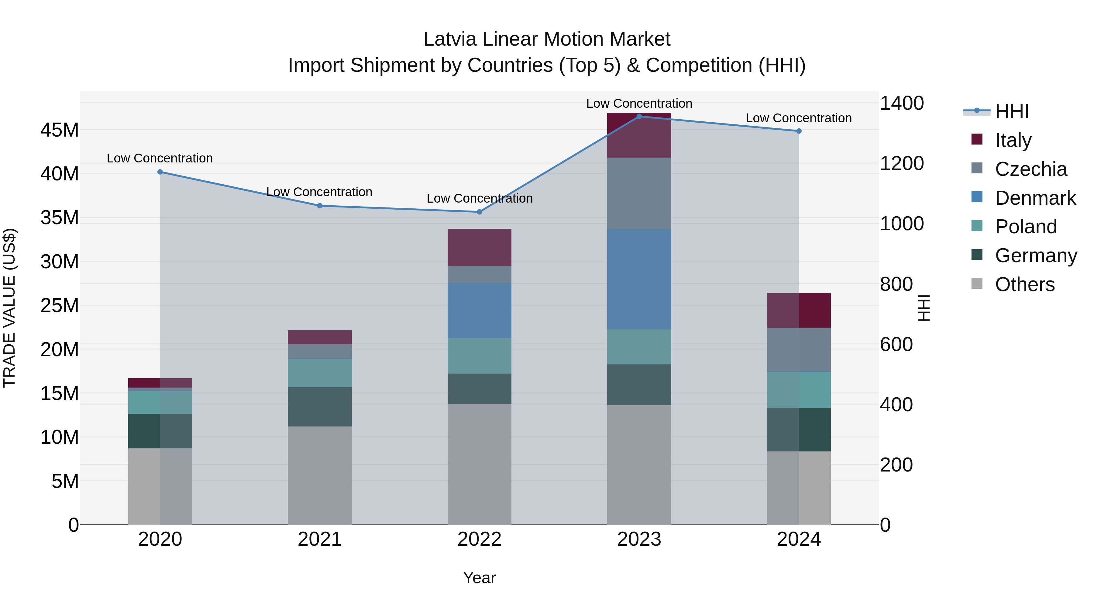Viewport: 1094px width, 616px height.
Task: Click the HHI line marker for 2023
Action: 639,117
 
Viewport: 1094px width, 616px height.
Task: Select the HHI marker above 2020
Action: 160,172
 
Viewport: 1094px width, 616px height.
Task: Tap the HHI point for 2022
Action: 480,212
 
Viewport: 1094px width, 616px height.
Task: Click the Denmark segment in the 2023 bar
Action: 639,279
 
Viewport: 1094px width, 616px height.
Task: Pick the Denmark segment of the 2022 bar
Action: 480,311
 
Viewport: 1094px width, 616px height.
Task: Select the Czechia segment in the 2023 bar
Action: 639,193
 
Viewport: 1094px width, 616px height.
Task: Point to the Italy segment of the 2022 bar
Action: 480,247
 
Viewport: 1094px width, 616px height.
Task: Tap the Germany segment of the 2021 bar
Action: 320,407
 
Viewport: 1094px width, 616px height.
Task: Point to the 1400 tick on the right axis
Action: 901,103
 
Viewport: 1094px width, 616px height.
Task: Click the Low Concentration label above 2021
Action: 319,192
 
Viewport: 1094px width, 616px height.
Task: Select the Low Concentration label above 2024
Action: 798,118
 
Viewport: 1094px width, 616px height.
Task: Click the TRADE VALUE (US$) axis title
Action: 10,308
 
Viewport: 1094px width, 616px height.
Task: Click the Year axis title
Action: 480,578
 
